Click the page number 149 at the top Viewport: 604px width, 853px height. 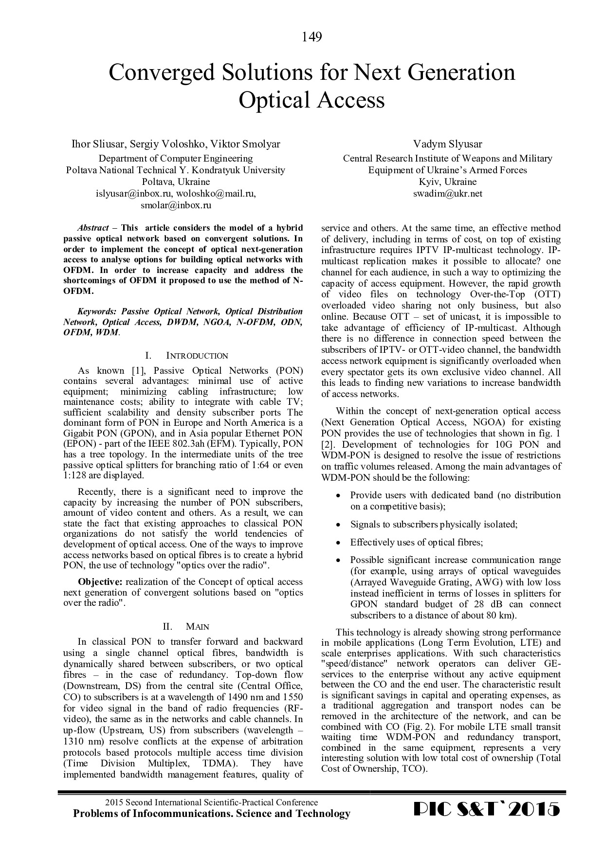click(x=311, y=37)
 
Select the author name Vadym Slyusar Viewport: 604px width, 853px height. click(x=447, y=144)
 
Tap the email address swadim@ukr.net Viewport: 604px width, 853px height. click(x=447, y=194)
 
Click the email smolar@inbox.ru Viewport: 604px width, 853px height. click(x=176, y=205)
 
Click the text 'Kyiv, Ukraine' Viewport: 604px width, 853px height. click(x=447, y=182)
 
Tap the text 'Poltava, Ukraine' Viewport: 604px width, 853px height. click(x=176, y=182)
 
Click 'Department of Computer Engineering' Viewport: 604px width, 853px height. click(x=176, y=159)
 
